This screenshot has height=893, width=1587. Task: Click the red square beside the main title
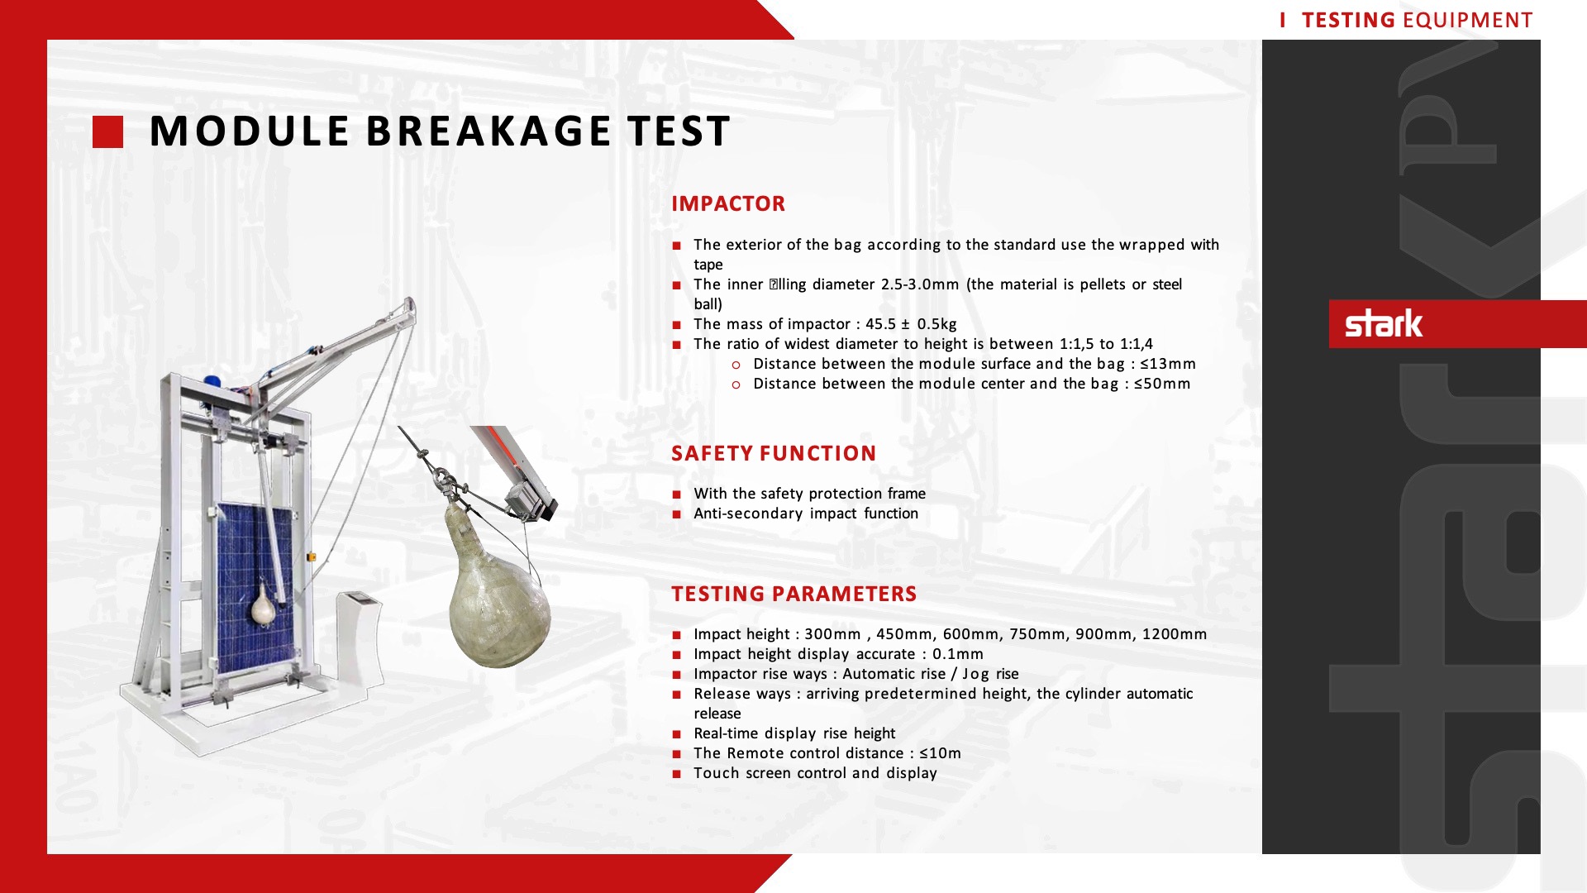click(x=107, y=132)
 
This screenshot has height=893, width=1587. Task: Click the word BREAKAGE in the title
click(x=488, y=131)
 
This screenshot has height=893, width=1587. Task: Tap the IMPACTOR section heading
click(x=728, y=203)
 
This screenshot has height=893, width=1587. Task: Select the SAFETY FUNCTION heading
click(x=774, y=453)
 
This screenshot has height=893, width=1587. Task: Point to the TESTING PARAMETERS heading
click(x=794, y=594)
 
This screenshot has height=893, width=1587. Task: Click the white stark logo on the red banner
click(x=1384, y=323)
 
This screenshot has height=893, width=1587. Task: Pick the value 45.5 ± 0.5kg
click(x=911, y=324)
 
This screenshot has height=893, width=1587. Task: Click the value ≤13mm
click(x=1168, y=364)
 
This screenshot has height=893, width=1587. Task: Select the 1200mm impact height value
click(x=1175, y=634)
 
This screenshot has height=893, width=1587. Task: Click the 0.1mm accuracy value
click(x=958, y=654)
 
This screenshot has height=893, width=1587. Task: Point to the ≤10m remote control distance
click(x=940, y=753)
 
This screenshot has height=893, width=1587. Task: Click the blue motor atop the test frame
click(x=212, y=382)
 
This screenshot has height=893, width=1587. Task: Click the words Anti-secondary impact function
click(x=806, y=513)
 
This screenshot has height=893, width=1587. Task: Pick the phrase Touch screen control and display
click(x=815, y=773)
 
